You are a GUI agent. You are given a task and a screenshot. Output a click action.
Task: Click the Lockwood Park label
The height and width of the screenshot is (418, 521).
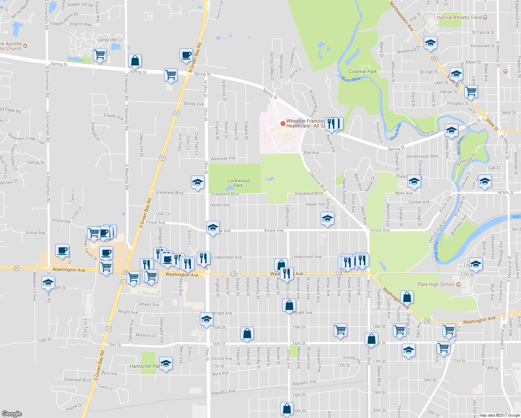[238, 183]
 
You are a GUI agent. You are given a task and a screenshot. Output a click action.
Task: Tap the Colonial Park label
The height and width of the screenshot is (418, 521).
[363, 71]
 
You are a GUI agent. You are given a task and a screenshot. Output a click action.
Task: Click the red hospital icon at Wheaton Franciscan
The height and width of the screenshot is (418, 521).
[283, 123]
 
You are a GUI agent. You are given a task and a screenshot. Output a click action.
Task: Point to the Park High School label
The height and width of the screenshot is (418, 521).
[436, 284]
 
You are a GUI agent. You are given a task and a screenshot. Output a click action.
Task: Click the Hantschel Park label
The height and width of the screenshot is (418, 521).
[145, 366]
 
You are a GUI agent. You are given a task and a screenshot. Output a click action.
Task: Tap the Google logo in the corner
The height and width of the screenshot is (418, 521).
[11, 413]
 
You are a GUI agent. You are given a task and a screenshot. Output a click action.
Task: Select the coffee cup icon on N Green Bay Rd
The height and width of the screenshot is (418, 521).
[186, 55]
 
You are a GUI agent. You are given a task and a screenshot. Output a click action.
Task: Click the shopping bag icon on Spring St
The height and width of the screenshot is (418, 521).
[135, 61]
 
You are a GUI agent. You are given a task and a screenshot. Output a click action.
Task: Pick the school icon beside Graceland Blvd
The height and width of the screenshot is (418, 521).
[197, 182]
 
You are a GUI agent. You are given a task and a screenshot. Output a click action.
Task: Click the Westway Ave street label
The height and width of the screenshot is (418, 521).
[223, 158]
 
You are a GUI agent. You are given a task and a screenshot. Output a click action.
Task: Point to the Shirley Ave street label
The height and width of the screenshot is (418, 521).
[193, 104]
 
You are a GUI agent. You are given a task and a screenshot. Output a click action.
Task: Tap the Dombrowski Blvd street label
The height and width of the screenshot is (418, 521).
[422, 156]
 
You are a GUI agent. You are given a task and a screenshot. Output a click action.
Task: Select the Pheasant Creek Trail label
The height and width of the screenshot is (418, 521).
[26, 138]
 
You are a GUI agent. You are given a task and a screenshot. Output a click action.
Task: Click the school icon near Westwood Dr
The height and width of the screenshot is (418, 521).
[430, 43]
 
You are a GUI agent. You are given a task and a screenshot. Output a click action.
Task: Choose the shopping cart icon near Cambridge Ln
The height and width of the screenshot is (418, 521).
[100, 55]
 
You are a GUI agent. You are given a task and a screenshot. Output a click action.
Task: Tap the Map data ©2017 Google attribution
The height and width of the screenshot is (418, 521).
[499, 415]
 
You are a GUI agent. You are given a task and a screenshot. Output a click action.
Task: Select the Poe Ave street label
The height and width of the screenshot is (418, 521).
[311, 153]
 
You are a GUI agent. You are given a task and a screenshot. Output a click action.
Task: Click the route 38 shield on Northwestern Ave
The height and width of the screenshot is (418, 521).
[434, 59]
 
